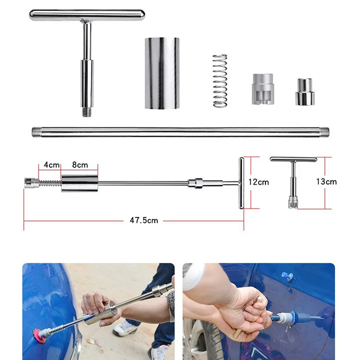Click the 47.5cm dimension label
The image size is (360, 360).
pos(144,220)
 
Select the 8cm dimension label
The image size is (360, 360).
pos(80,165)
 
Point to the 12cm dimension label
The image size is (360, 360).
pos(258,182)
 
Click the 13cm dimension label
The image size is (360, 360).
pos(326,182)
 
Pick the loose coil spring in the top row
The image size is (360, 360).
pos(220,80)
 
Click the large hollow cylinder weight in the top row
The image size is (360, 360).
pos(162,73)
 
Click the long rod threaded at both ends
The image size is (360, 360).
pos(180,131)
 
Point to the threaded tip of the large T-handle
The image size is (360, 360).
pos(87,111)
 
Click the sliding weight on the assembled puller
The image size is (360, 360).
pos(80,183)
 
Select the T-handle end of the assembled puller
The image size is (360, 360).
pos(241,183)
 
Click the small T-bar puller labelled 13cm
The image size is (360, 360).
pos(293,180)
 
